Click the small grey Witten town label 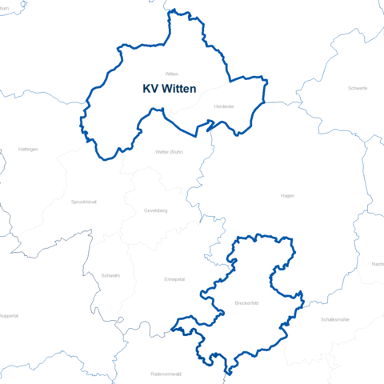pyautogui.click(x=170, y=73)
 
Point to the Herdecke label pyautogui.click(x=224, y=106)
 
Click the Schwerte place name pyautogui.click(x=358, y=88)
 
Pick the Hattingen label pyautogui.click(x=28, y=150)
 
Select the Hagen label pyautogui.click(x=288, y=195)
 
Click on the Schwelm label pyautogui.click(x=110, y=275)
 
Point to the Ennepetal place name pyautogui.click(x=174, y=279)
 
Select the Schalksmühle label pyautogui.click(x=334, y=318)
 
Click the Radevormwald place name pyautogui.click(x=166, y=374)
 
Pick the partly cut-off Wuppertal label pyautogui.click(x=8, y=315)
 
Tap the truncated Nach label pyautogui.click(x=378, y=264)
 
